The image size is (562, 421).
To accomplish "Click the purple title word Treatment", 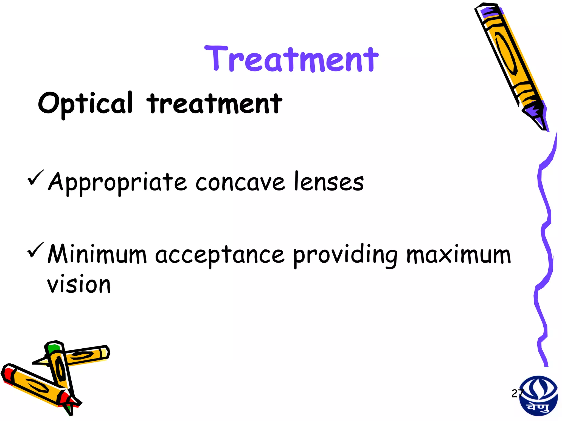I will click(291, 59).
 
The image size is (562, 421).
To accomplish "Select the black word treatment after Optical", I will click(214, 104).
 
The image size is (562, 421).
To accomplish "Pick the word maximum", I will click(459, 255).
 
